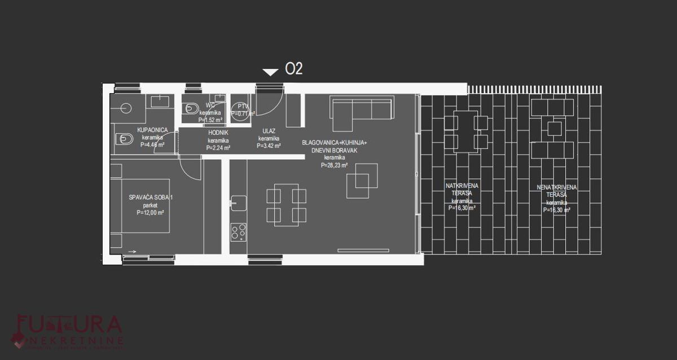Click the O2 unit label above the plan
(294, 69)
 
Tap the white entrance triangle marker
(270, 72)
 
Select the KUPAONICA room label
(153, 130)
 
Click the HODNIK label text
(218, 133)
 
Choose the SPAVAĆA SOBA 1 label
(150, 197)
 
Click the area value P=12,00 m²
(150, 213)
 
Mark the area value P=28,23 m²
(335, 165)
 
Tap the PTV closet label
(243, 106)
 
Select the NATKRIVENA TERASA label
(461, 189)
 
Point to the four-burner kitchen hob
(238, 232)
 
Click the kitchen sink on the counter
(238, 202)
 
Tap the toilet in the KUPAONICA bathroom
(124, 138)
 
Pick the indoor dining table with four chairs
(286, 205)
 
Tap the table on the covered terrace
(466, 131)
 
